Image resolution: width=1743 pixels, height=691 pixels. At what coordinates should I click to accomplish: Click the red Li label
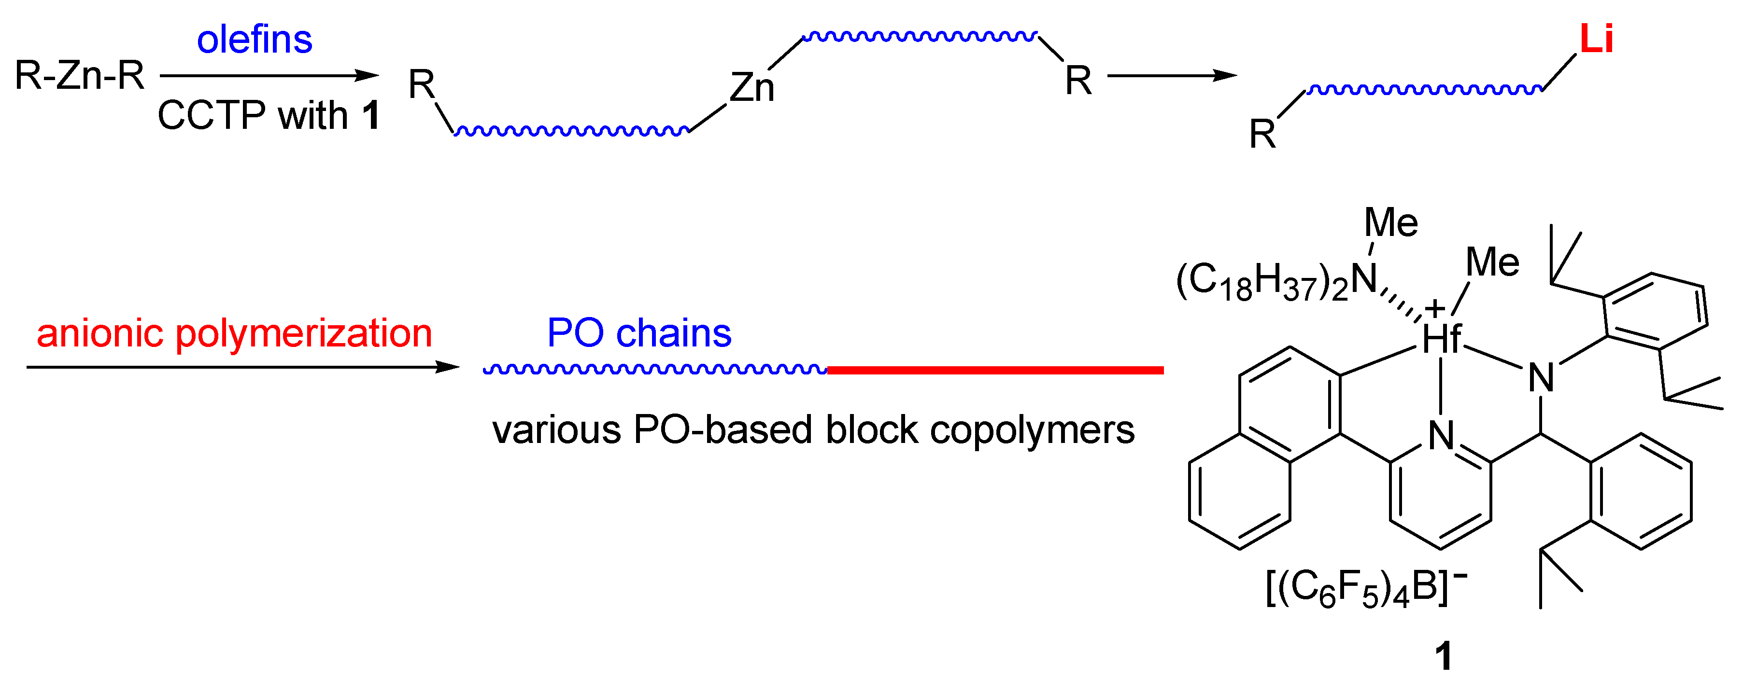tap(1596, 39)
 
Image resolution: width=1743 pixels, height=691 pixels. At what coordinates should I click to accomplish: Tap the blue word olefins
tap(255, 40)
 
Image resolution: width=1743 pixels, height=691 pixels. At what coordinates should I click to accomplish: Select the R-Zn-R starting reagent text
tap(80, 75)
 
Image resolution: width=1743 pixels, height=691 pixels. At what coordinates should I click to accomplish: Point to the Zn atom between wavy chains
tap(752, 88)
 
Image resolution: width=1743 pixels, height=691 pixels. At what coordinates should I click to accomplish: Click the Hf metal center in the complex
tap(1441, 338)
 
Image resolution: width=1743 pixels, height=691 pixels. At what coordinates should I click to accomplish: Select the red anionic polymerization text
tap(234, 333)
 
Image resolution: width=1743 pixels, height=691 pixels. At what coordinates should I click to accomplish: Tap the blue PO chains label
tap(639, 333)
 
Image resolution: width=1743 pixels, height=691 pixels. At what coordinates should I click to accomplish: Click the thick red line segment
tap(994, 370)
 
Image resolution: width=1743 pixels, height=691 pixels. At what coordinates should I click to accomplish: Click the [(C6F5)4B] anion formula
tap(1365, 588)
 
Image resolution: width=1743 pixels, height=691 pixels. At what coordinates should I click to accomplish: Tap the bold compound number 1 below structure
tap(1443, 656)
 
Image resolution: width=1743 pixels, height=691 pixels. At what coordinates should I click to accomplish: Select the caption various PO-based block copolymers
tap(813, 430)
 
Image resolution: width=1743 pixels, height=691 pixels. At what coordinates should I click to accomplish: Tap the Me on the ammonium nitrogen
tap(1391, 222)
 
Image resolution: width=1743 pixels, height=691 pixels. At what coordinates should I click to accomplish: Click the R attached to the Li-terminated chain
tap(1262, 134)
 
